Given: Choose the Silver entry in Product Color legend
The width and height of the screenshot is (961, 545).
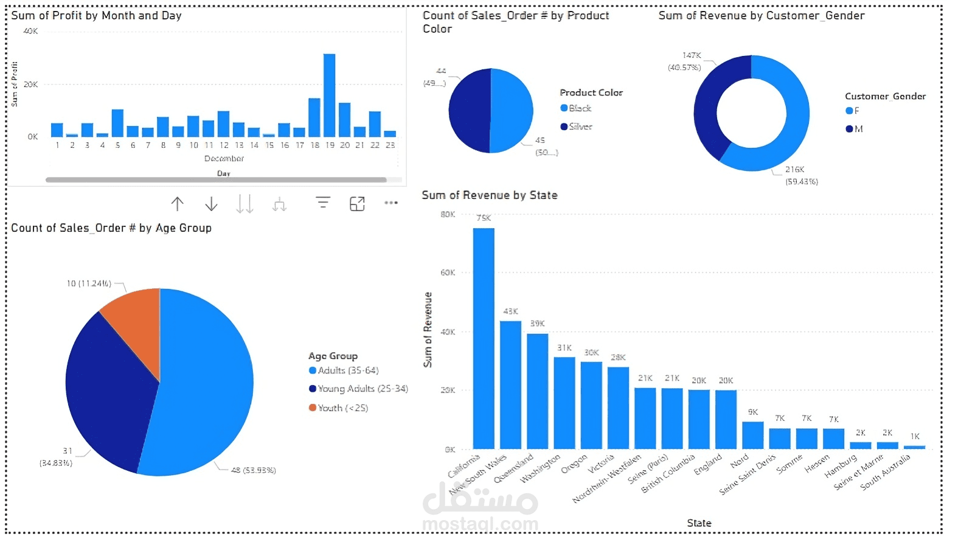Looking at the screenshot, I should (580, 127).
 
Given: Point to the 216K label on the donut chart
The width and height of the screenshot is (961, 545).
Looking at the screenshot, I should (794, 170).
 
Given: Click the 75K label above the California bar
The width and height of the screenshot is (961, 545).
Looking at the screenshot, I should (484, 218).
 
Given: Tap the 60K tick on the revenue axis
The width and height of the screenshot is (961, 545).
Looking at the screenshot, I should (448, 272).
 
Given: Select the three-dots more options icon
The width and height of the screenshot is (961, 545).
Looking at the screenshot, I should (391, 203).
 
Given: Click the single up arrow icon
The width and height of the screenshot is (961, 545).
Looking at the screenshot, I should (177, 204).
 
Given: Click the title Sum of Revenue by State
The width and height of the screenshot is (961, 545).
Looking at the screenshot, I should (490, 195).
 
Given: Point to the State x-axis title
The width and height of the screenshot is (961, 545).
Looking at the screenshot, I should (699, 523).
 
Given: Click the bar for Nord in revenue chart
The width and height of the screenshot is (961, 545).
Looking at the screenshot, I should (752, 435).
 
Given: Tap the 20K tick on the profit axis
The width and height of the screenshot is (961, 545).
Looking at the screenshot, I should (30, 85).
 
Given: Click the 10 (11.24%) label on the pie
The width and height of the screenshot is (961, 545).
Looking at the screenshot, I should (89, 283).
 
